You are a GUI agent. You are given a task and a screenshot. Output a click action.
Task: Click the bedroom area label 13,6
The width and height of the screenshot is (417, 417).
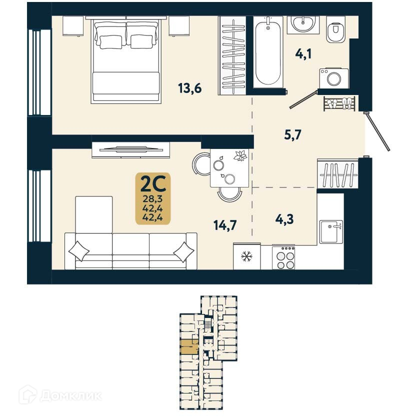[190, 88]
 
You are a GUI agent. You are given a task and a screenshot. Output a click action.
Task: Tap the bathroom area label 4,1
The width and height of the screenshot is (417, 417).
[303, 53]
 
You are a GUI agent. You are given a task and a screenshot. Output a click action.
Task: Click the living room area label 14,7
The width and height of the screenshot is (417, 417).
[224, 226]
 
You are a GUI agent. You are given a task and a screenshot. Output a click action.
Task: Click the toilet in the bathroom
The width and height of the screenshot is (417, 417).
[334, 31]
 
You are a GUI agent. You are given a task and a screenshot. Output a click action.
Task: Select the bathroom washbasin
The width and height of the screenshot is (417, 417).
[303, 23]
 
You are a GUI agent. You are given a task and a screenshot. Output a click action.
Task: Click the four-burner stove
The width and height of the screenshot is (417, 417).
[283, 258]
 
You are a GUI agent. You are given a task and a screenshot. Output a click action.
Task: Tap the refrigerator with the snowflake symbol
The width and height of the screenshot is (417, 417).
[246, 257]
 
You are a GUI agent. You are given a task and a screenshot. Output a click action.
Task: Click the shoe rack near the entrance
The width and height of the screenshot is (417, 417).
[340, 103]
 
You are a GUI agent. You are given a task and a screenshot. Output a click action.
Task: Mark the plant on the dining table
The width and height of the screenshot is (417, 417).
[240, 156]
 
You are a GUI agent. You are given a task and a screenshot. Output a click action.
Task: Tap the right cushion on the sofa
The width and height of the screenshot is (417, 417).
[183, 251]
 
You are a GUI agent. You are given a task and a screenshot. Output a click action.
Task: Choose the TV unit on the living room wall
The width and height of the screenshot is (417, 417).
[131, 148]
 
